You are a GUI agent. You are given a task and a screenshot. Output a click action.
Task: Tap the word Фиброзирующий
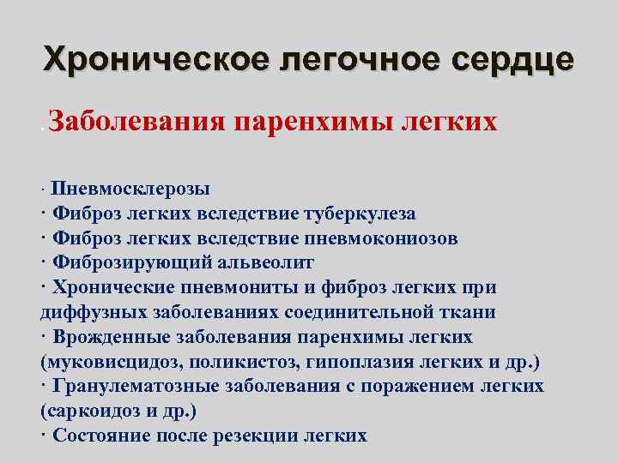pyautogui.click(x=123, y=262)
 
